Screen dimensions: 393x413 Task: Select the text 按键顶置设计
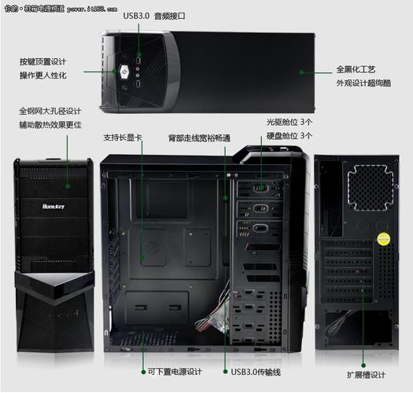(x=42, y=61)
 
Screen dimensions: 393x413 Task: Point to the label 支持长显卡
(x=123, y=138)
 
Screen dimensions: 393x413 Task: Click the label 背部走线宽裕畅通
(x=199, y=138)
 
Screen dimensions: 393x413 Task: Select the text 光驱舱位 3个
(x=289, y=123)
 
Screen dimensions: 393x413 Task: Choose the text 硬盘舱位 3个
(x=289, y=135)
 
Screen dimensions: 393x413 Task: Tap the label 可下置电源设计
(x=175, y=372)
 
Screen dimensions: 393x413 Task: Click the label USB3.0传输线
(x=256, y=372)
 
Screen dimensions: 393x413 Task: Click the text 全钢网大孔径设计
(x=50, y=111)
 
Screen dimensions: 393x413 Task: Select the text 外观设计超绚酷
(x=363, y=83)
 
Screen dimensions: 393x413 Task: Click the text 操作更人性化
(x=42, y=75)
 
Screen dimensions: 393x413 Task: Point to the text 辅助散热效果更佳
(x=50, y=125)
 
